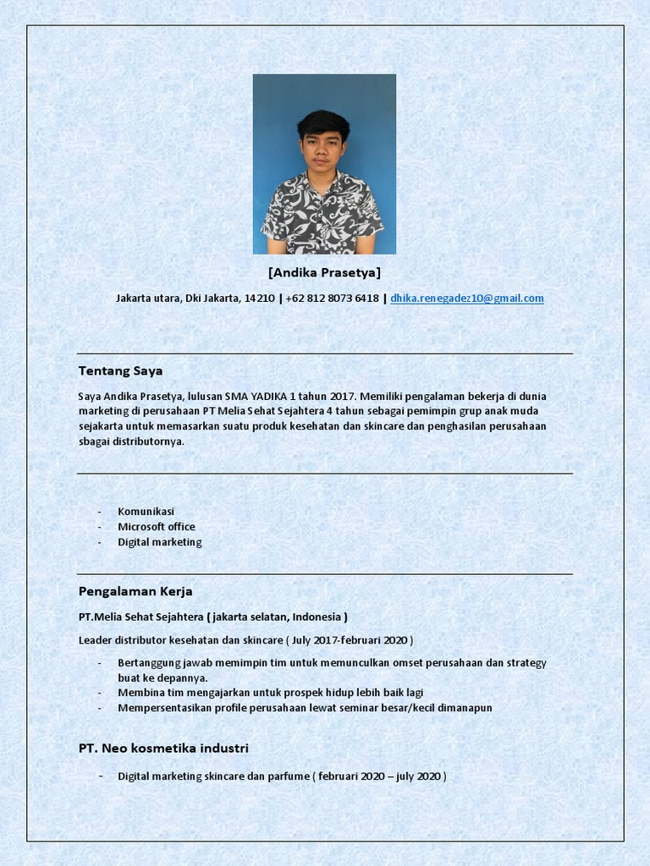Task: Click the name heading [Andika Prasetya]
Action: (324, 272)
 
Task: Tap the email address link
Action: (466, 299)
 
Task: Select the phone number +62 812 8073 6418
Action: (332, 299)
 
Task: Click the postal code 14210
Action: (259, 299)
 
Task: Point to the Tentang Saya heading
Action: (120, 370)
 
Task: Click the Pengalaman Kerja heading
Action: (135, 591)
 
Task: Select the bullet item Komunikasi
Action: (146, 512)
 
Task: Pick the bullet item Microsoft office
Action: (156, 527)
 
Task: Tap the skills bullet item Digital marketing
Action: (159, 542)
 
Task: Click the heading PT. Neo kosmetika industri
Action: (163, 748)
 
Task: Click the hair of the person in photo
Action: (322, 123)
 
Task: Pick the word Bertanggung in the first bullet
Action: (147, 662)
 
